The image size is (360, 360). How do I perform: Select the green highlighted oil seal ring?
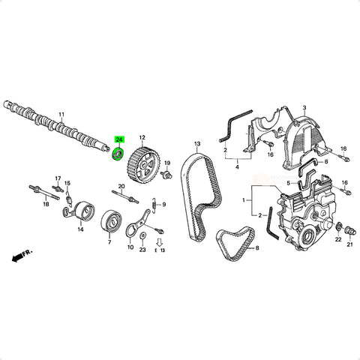click(118, 154)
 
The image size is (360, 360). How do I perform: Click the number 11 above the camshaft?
click(61, 115)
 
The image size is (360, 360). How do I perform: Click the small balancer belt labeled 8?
click(235, 242)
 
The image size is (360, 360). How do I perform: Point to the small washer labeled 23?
click(142, 235)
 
